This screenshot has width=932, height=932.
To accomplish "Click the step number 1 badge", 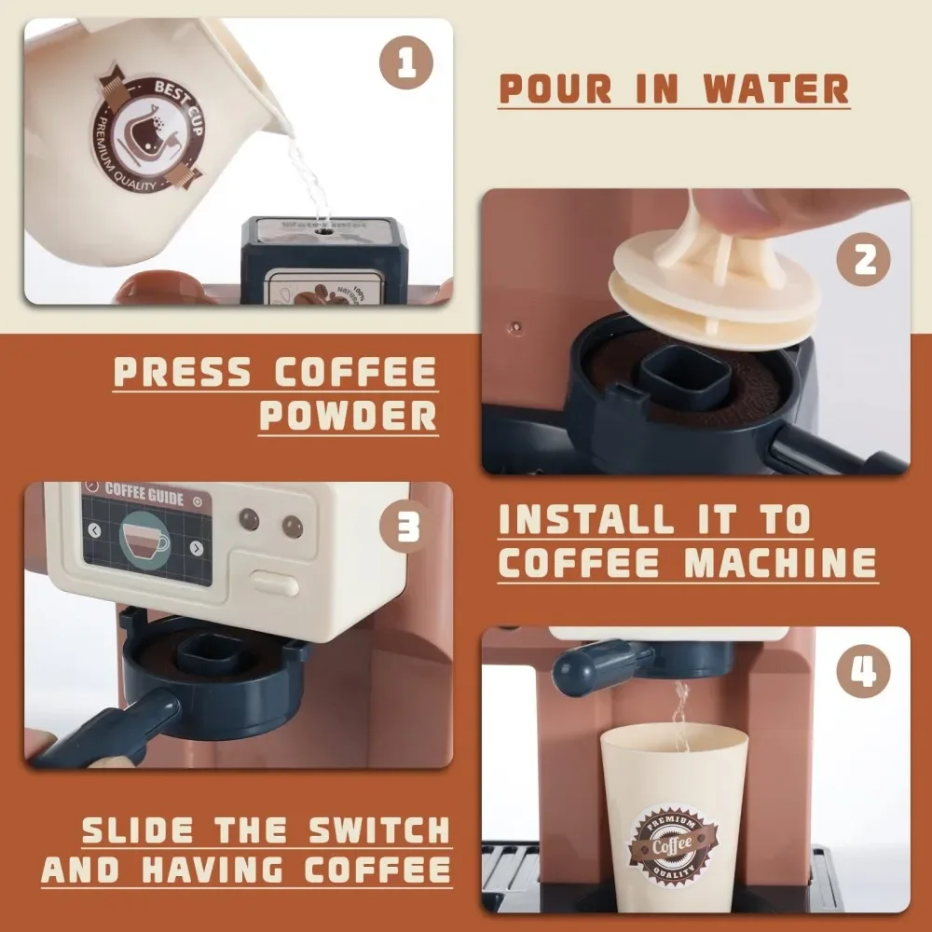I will pyautogui.click(x=407, y=65).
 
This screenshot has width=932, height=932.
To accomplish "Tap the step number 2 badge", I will pyautogui.click(x=866, y=260).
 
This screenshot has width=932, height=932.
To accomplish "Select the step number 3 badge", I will pyautogui.click(x=407, y=528).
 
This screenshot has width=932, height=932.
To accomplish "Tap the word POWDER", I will pyautogui.click(x=349, y=415).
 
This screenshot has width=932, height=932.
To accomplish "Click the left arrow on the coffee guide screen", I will pyautogui.click(x=94, y=530).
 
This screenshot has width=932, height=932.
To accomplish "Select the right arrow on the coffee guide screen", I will pyautogui.click(x=196, y=547).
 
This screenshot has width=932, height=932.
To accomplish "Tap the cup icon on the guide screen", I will pyautogui.click(x=146, y=538).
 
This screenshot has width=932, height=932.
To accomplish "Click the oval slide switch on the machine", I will pyautogui.click(x=276, y=584).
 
